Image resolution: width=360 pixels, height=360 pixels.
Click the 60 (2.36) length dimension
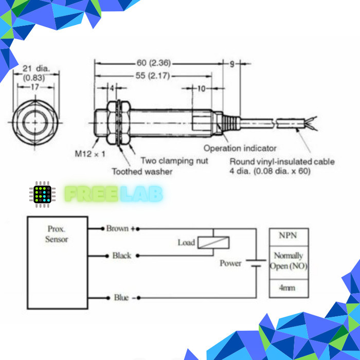point(154,63)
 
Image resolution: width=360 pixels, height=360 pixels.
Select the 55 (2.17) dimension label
point(153,76)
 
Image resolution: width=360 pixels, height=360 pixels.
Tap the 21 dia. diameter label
point(36,68)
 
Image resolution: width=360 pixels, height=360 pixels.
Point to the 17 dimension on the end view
point(35,87)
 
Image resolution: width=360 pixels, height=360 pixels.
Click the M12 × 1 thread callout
point(90,154)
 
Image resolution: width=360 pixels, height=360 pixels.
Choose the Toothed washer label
point(142,171)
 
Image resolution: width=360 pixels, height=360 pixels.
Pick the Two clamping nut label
point(174,160)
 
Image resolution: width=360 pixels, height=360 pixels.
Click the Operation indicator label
point(240,148)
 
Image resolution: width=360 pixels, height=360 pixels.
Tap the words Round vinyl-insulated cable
point(282,161)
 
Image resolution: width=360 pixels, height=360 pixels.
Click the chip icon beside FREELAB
point(42,194)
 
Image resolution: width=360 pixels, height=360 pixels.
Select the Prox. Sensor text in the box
point(57,234)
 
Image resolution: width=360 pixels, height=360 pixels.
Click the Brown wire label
point(117,228)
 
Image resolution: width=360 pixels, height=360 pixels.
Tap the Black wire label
point(122,256)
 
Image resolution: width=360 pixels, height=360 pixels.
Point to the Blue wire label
point(121,298)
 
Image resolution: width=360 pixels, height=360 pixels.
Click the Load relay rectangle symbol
point(213,242)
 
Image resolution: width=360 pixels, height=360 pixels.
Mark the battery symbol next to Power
point(256,263)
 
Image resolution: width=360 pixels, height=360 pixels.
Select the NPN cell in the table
point(289,237)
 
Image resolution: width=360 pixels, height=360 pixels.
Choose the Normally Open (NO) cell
point(289,263)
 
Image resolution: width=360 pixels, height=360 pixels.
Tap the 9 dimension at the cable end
point(232,64)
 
